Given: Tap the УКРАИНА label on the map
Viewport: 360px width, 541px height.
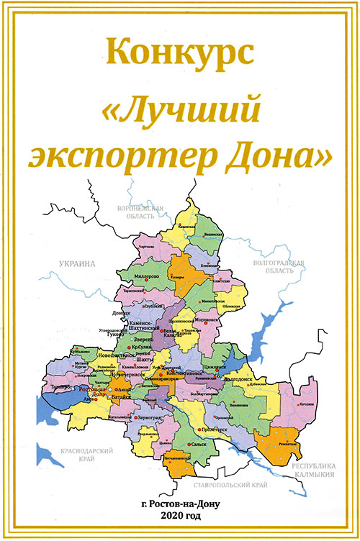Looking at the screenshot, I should click(x=78, y=265).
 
